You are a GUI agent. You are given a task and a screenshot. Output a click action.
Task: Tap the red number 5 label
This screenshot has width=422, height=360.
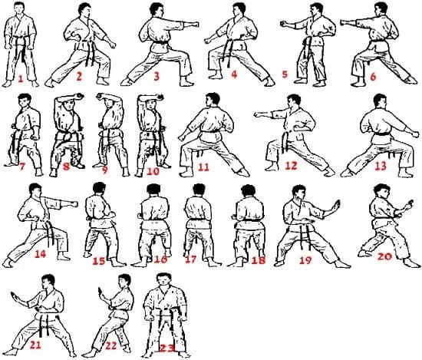point(284,75)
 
